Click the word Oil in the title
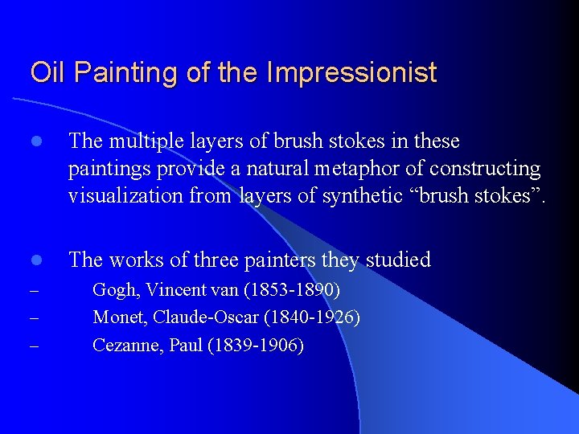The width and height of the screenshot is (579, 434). point(46,73)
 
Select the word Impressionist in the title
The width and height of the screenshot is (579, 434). point(351,73)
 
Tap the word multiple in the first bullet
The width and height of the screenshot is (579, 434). point(147,141)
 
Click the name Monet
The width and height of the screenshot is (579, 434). point(117,317)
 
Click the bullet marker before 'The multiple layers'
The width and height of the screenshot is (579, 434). point(35,142)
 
